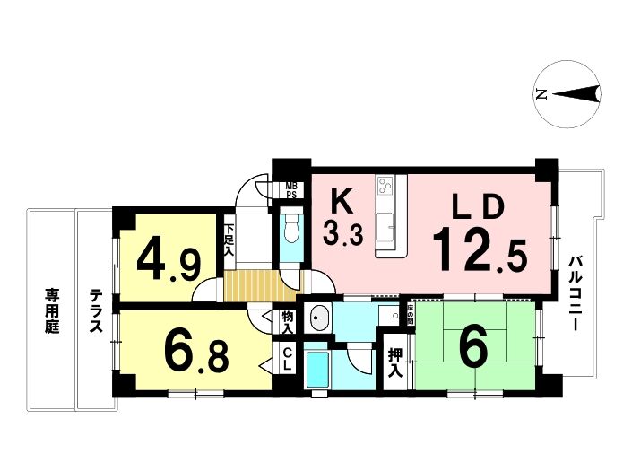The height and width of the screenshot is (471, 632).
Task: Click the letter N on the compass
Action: point(542,94)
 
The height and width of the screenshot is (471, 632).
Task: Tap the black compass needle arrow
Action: point(576,94)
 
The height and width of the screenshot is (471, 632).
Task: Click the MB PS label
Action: point(291,190)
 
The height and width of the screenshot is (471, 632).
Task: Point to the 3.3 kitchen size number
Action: point(342,235)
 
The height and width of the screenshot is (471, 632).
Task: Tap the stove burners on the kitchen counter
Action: point(385,186)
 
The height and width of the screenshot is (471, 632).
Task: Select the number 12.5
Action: point(480,249)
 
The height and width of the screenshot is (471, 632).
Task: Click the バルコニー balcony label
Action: point(574,293)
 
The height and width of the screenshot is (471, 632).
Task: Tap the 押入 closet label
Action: point(395,362)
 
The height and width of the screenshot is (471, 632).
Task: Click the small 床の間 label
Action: point(411,315)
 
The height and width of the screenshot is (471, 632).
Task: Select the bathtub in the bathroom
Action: point(317,369)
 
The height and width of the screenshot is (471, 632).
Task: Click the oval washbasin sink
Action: point(318,317)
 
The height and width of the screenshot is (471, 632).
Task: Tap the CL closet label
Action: point(287,359)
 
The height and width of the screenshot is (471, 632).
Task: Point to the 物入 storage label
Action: point(287,322)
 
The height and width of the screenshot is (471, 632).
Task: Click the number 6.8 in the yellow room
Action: point(196,354)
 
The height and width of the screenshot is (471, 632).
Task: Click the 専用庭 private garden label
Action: point(52,310)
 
